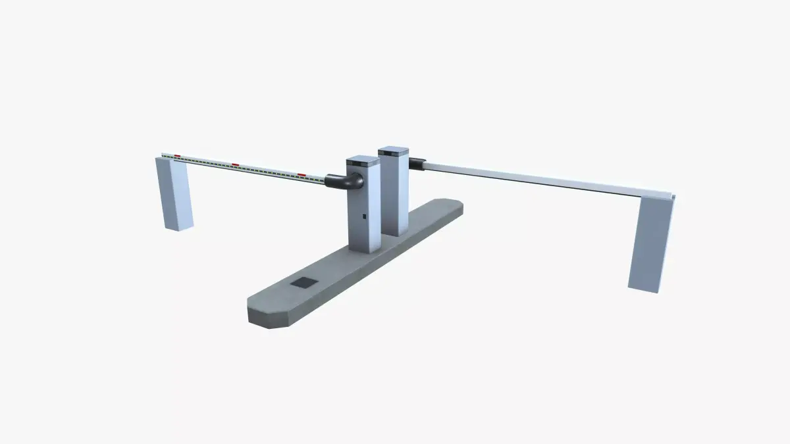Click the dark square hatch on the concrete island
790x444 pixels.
tap(303, 284)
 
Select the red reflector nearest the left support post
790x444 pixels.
tap(177, 156)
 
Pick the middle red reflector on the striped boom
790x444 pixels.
tap(235, 165)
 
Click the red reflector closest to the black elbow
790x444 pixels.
tap(302, 175)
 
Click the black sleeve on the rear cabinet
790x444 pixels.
tap(417, 163)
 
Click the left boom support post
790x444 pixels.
tap(174, 194)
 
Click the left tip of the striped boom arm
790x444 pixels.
tap(163, 155)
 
